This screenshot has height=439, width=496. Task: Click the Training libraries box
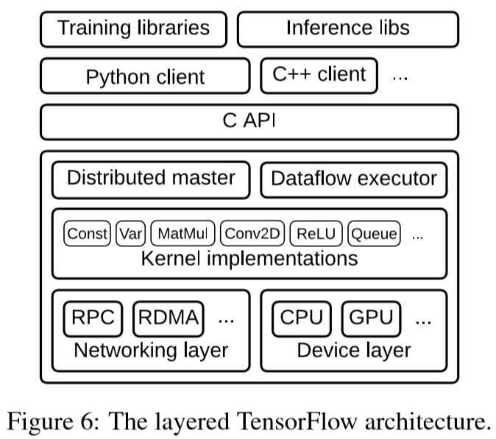(x=133, y=29)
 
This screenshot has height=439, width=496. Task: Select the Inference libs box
(x=347, y=29)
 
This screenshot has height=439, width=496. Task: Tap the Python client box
(x=145, y=76)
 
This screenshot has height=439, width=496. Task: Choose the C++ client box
(x=319, y=75)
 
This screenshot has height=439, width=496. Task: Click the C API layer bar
(x=249, y=121)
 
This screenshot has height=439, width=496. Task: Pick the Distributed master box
(x=151, y=179)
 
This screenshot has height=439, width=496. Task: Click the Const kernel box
(x=88, y=234)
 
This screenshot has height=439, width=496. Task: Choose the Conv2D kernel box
(x=252, y=234)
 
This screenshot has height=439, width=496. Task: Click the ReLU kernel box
(x=316, y=234)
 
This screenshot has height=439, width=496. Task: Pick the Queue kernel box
(x=373, y=234)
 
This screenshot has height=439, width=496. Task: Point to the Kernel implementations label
(x=249, y=258)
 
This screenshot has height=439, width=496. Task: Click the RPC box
(x=93, y=318)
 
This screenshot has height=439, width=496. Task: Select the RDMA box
(x=168, y=318)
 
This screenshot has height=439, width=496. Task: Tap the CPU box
(x=302, y=318)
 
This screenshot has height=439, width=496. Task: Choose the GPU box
(x=371, y=318)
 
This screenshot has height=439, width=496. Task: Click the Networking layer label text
(x=151, y=350)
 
